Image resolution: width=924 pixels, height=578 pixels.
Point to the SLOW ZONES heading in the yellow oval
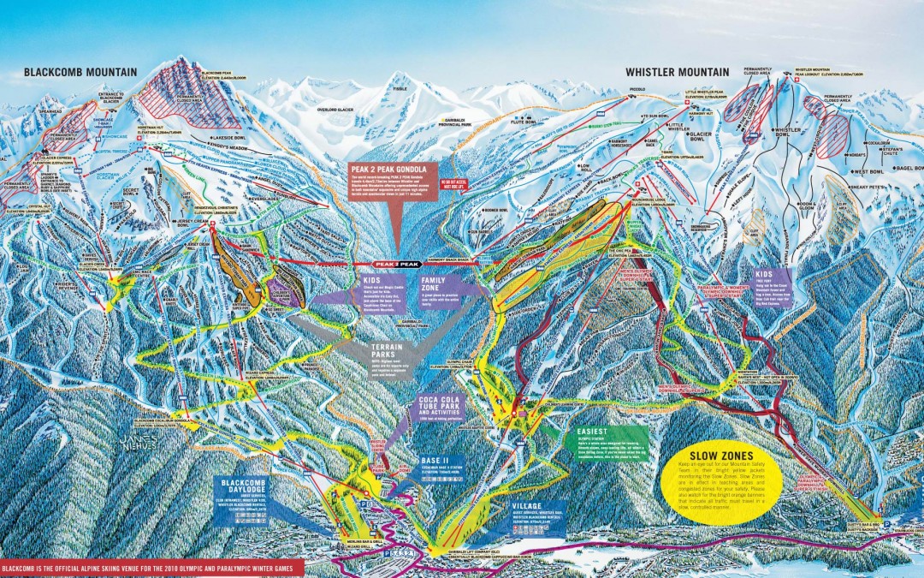707,454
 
